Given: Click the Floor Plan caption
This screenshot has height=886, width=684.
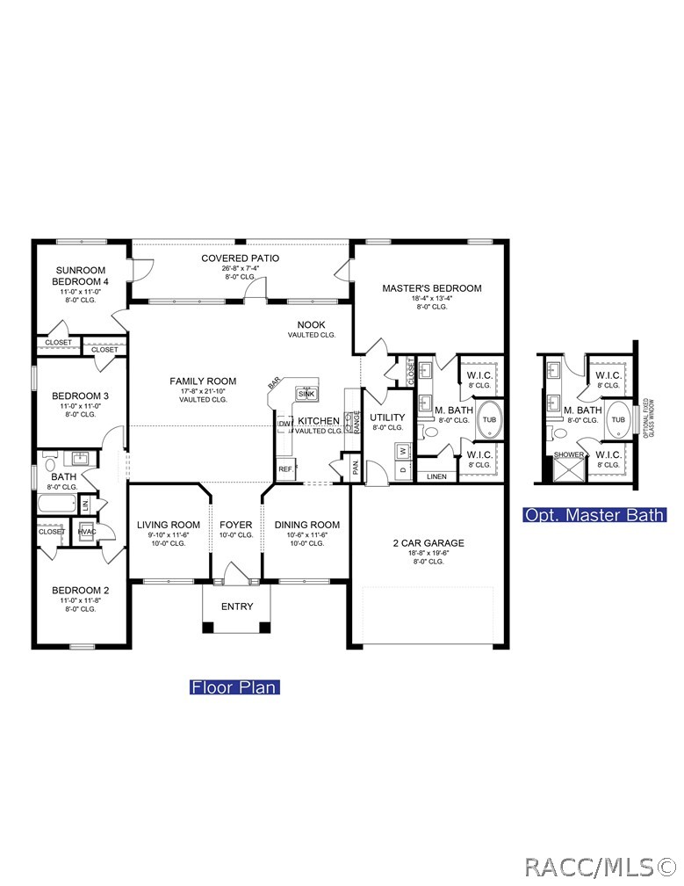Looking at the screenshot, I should [x=234, y=687].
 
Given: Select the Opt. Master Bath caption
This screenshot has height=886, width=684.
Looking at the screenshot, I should [x=594, y=515].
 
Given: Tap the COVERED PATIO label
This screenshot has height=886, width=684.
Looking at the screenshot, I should [x=240, y=258].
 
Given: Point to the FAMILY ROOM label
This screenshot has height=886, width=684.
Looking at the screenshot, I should [x=203, y=381].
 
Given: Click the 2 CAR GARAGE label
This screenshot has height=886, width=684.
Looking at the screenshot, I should [x=428, y=543].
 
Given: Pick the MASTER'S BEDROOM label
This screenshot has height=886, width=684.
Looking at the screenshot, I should [x=431, y=288].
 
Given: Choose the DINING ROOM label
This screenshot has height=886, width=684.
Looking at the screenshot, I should [x=306, y=525].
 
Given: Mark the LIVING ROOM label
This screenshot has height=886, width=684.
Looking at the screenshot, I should [x=169, y=525].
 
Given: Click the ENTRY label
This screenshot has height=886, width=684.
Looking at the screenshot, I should [x=236, y=606].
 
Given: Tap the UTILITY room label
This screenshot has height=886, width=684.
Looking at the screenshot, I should [x=386, y=417].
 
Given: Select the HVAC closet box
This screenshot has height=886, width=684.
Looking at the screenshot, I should [x=87, y=532].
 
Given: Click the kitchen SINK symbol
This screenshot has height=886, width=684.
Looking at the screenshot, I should [x=306, y=394].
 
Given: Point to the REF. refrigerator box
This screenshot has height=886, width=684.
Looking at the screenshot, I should [x=286, y=469].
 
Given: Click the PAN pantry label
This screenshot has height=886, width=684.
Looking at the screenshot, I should [x=356, y=468].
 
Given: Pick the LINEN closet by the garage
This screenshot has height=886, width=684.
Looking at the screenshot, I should [x=437, y=476].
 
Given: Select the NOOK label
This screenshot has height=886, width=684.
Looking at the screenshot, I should [x=311, y=324].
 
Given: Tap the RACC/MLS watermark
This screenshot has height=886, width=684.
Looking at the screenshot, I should [x=601, y=868].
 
